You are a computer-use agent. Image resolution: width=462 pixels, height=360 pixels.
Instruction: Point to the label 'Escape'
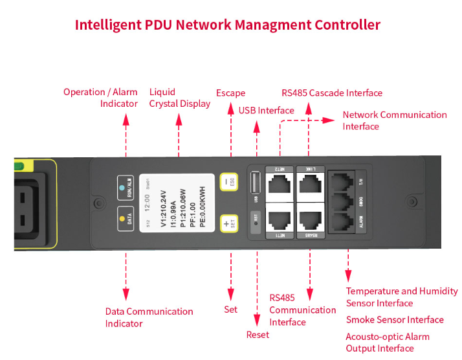(x=230, y=93)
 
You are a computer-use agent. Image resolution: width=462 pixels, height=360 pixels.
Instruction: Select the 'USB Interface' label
(x=267, y=111)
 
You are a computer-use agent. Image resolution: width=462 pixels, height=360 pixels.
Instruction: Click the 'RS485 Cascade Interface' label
(x=332, y=93)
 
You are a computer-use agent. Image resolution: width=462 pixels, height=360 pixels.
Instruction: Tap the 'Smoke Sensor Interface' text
(x=395, y=320)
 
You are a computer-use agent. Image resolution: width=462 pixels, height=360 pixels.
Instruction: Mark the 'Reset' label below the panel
(x=258, y=335)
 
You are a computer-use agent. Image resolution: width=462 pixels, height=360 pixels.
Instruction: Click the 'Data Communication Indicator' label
(x=149, y=317)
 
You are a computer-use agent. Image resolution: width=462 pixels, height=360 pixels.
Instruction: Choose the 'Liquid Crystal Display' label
(x=179, y=98)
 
